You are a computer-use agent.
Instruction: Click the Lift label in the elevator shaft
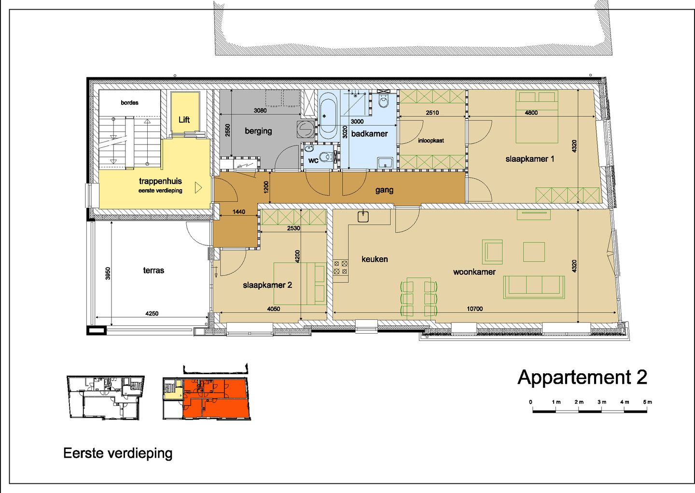184,120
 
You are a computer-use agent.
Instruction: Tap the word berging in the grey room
258,131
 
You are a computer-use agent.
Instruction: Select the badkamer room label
369,134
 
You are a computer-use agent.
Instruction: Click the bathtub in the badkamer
328,116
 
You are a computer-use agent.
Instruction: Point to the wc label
313,160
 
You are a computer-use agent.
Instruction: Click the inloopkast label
431,141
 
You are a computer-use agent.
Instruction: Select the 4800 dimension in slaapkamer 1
531,113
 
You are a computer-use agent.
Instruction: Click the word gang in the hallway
384,190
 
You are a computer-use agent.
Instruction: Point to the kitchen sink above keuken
363,216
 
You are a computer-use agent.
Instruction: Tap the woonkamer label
474,272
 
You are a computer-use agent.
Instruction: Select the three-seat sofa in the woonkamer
534,286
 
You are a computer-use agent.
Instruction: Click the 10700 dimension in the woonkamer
474,309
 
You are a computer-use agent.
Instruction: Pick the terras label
153,270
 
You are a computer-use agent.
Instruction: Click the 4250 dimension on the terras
152,313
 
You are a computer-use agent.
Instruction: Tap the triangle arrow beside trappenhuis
198,187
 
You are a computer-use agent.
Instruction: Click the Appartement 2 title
582,377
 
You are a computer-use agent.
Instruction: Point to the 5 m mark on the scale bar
647,402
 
